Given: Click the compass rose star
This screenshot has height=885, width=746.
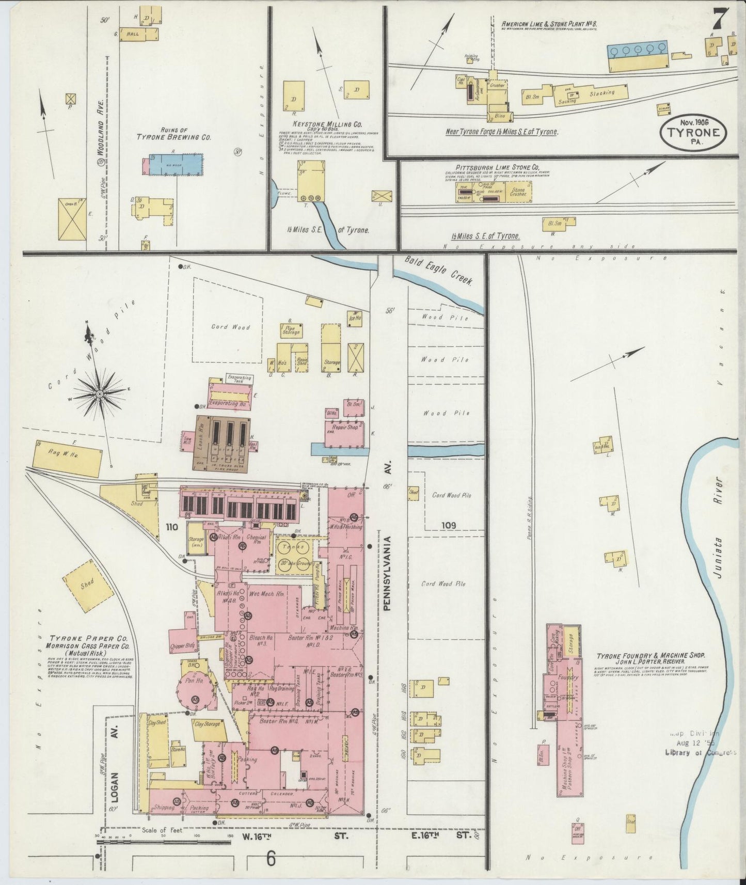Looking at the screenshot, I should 100,394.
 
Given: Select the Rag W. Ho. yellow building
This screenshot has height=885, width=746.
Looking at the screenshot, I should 67,458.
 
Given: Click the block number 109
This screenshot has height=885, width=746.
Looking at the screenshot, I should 449,525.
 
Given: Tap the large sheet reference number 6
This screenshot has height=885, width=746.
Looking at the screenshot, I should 271,859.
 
